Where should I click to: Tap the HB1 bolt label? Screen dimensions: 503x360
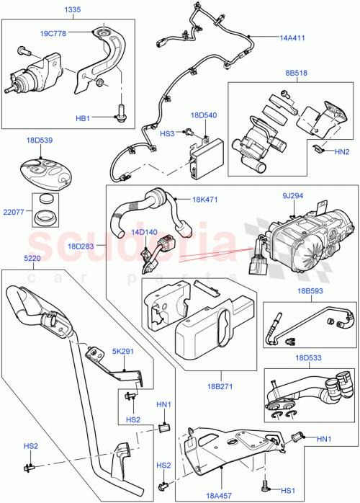click(84, 117)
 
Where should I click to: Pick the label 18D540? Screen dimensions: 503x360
click(204, 115)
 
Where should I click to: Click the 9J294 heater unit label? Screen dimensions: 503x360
click(292, 195)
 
